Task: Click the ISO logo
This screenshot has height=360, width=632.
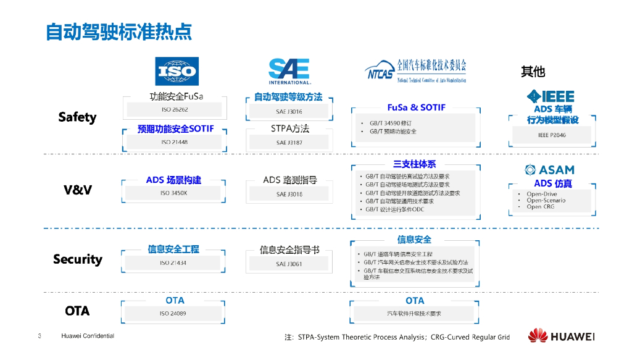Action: point(177,72)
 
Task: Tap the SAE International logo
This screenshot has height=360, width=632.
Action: point(289,71)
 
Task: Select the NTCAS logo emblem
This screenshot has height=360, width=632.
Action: point(379,72)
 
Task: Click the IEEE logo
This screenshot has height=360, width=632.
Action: point(551,96)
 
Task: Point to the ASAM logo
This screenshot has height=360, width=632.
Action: point(549,170)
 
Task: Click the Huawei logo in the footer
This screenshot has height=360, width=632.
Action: point(560,337)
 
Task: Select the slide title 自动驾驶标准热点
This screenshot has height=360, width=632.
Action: point(119,31)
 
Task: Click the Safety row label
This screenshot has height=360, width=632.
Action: point(77,117)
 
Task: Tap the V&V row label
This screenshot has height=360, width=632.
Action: point(78,190)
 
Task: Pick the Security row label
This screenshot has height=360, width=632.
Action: point(78,259)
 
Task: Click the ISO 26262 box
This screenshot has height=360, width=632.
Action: point(175,110)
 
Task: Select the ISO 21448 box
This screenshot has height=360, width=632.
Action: point(175,142)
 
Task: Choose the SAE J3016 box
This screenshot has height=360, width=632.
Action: point(289,112)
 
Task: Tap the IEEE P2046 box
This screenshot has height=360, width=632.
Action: point(552,135)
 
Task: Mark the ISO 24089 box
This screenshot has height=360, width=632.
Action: point(175,314)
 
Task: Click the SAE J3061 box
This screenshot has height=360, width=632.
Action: point(289,264)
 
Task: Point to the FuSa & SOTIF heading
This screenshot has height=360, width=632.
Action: point(416,107)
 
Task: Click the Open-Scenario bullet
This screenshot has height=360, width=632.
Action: point(546,200)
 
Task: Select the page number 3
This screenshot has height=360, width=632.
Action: point(39,337)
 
